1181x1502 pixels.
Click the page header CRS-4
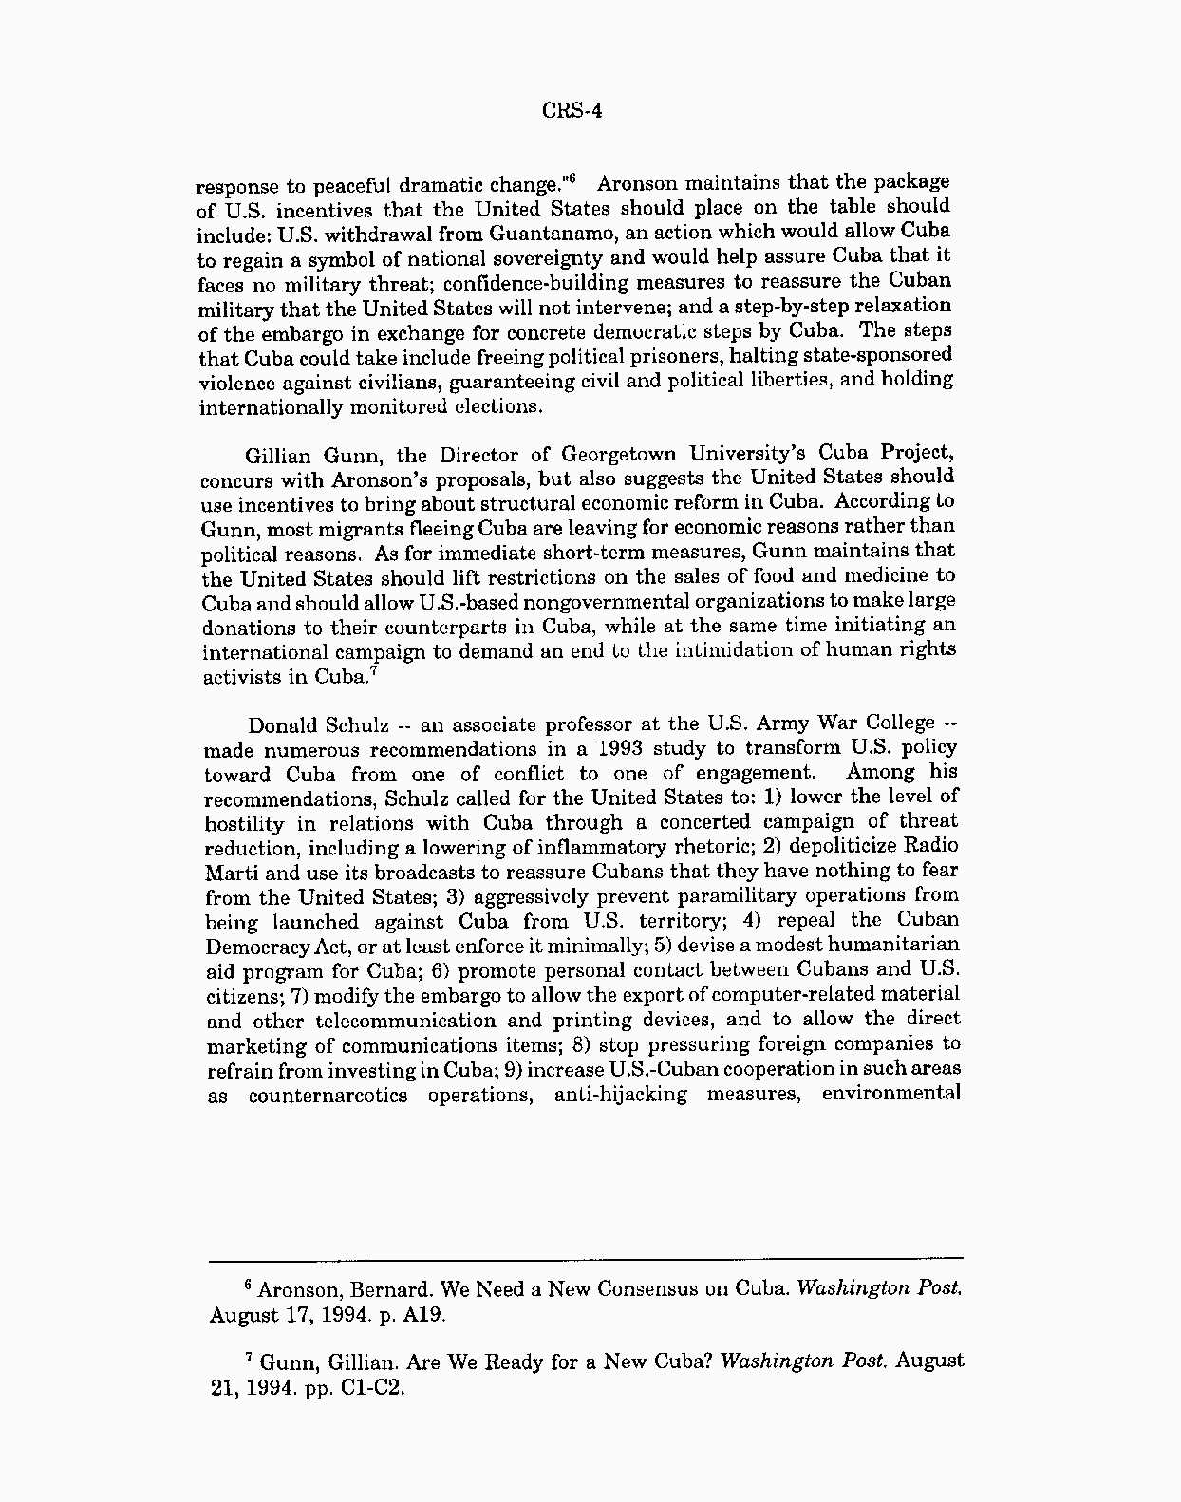(x=572, y=111)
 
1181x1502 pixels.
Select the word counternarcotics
(x=328, y=1096)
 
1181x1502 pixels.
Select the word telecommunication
(x=405, y=1022)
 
